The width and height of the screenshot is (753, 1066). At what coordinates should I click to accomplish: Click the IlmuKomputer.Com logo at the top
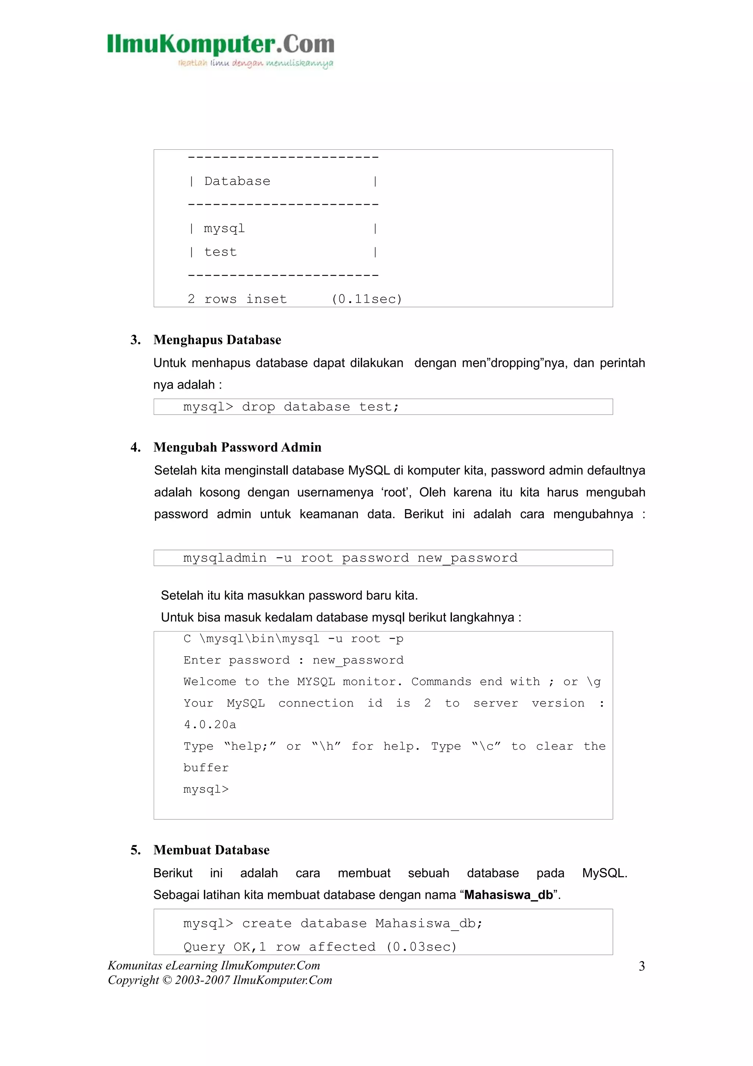point(220,45)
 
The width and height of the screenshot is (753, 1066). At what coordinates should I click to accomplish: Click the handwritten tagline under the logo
point(255,63)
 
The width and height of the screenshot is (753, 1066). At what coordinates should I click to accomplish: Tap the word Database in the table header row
point(237,181)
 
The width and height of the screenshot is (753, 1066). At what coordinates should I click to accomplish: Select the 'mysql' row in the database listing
point(224,228)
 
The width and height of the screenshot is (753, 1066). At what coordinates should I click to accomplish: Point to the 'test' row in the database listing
point(220,252)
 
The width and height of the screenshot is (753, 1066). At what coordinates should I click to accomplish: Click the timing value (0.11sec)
point(367,299)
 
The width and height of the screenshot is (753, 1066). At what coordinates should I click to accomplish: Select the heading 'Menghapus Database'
point(217,340)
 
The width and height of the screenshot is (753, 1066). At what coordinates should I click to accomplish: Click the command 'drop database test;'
point(320,407)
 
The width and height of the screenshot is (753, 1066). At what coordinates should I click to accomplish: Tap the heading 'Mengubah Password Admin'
point(237,447)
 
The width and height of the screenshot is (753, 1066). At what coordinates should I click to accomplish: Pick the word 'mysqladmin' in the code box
point(225,558)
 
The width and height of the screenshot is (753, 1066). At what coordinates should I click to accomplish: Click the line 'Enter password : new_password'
point(293,660)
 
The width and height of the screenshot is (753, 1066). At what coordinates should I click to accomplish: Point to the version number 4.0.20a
point(210,724)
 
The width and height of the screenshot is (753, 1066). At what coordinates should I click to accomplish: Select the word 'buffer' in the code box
point(206,767)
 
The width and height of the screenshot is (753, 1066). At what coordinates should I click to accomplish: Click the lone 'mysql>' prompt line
point(206,789)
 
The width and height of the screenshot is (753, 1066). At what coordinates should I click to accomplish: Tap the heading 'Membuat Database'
point(211,850)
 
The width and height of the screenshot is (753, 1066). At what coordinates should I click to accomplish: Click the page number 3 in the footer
point(642,966)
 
